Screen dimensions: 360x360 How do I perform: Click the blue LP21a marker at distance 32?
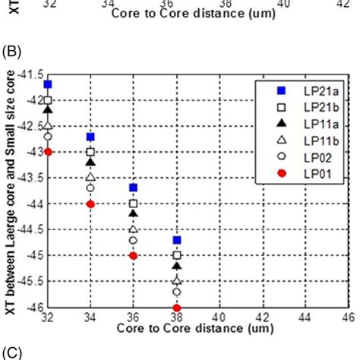[x=48, y=84]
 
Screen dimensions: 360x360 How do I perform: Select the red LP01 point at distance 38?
[x=177, y=308]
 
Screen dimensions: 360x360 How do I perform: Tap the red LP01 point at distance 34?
[x=90, y=204]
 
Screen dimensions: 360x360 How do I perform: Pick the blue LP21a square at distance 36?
[x=134, y=188]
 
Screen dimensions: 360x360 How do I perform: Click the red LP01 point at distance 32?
[x=48, y=152]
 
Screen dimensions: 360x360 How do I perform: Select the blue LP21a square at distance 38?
[x=177, y=240]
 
